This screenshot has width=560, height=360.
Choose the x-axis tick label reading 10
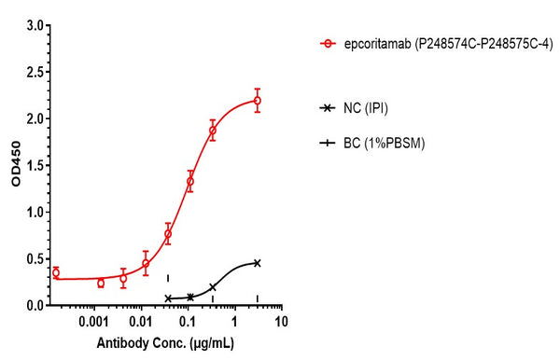point(281,321)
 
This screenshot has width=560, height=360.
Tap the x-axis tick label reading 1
point(234,321)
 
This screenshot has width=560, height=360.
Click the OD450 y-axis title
point(14,165)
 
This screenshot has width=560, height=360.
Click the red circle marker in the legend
point(327,43)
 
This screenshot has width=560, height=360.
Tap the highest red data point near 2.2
point(257,101)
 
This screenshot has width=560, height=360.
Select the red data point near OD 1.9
point(213,131)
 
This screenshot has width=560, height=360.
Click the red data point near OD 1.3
point(190,182)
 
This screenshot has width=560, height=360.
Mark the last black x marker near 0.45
point(257,263)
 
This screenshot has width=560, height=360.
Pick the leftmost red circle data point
point(56,272)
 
